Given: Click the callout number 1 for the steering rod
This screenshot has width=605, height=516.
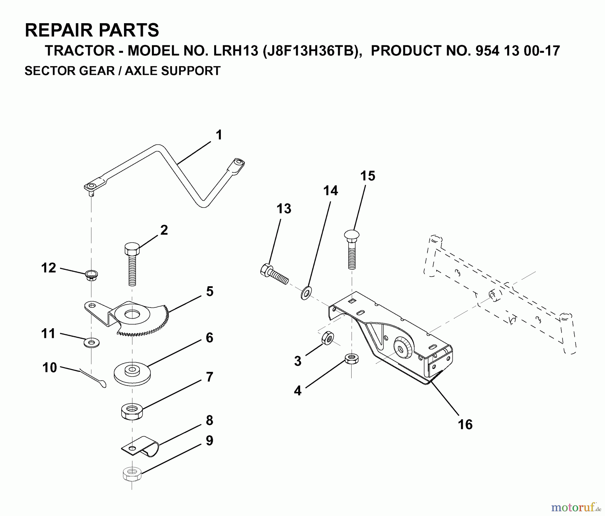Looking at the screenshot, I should coord(219,135).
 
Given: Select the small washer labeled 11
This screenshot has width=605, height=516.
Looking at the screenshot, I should coord(91,343).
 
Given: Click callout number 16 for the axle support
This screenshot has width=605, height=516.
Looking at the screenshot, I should coord(465,424).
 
